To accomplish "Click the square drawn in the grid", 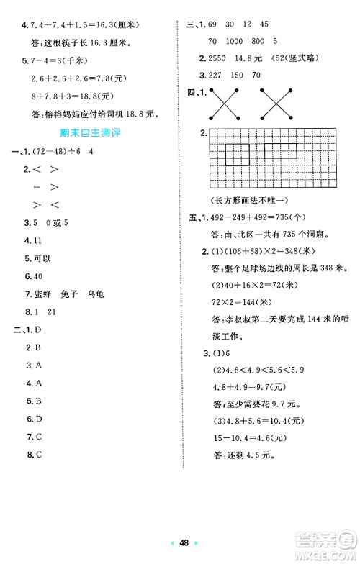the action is coord(238,154).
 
